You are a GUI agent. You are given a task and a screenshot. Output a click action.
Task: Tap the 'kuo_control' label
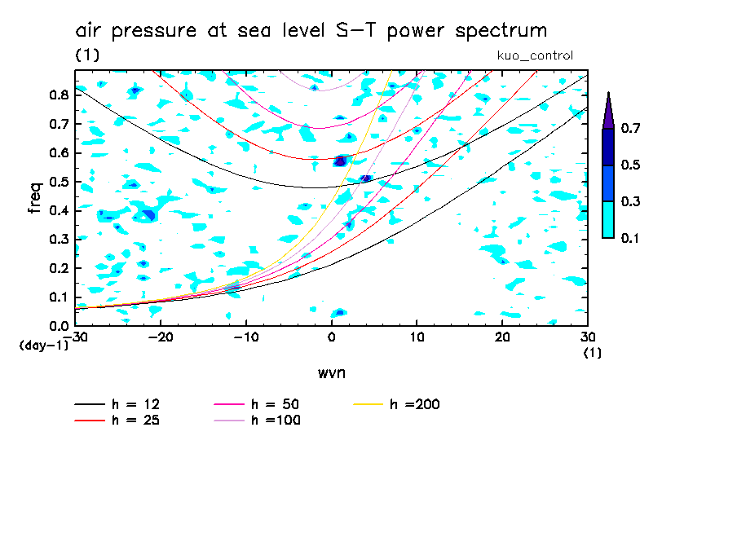pos(535,55)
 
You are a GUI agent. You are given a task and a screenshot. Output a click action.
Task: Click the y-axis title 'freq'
pos(34,197)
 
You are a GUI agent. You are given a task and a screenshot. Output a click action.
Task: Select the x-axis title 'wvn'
pos(331,372)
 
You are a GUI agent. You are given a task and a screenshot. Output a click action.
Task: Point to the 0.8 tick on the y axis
pos(59,95)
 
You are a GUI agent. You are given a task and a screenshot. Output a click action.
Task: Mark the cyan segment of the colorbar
pos(608,219)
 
